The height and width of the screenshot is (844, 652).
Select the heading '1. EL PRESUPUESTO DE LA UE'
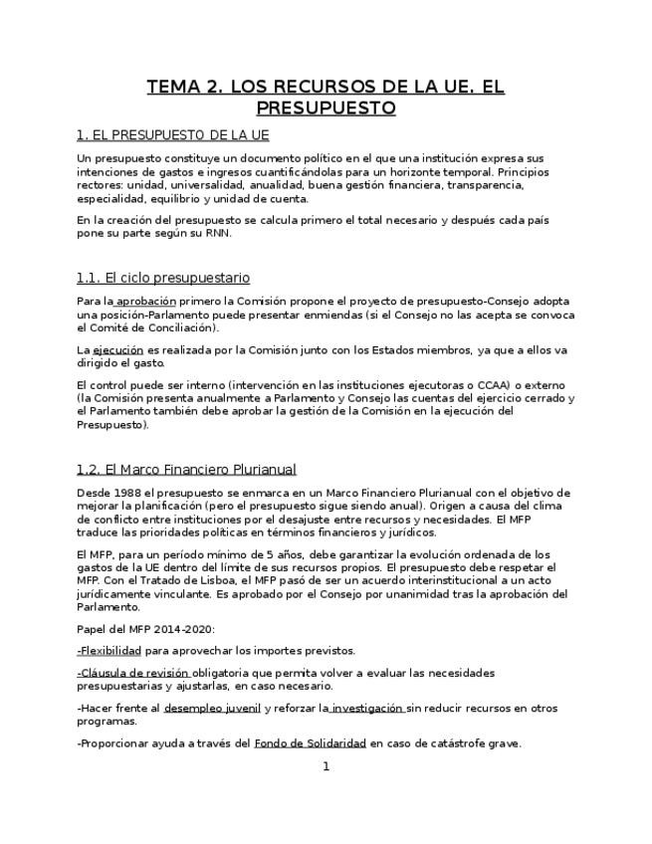coord(172,134)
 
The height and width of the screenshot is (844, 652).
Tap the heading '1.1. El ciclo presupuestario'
coord(163,278)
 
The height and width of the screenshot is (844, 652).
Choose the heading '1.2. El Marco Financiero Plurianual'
coord(186,469)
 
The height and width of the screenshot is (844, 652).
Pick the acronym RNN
coord(215,233)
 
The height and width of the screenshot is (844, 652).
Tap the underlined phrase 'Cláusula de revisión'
coord(132,674)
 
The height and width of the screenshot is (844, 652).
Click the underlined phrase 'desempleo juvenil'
coord(212,709)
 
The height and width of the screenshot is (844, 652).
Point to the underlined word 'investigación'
coord(367,709)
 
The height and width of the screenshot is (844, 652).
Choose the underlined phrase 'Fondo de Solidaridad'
coord(311,743)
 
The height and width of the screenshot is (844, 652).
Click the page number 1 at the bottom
coord(326,766)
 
